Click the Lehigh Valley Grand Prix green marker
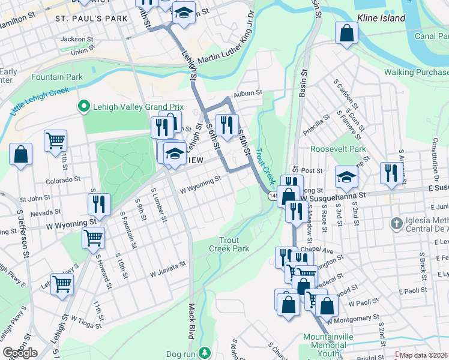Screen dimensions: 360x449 (83, 107)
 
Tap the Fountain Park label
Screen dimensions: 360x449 (57, 77)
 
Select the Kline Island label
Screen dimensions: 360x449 (381, 19)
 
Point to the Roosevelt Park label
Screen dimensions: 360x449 (338, 149)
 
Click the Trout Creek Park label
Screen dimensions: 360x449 (229, 244)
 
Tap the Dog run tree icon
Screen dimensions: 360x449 (206, 352)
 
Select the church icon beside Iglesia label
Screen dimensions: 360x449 (396, 224)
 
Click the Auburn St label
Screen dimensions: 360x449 (249, 93)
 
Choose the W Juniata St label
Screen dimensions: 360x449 (169, 270)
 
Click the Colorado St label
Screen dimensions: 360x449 (62, 179)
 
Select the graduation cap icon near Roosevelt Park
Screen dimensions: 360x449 (346, 176)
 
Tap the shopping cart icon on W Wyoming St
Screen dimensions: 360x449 (93, 238)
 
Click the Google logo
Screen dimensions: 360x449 (20, 353)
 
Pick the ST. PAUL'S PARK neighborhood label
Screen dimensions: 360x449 (91, 19)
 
